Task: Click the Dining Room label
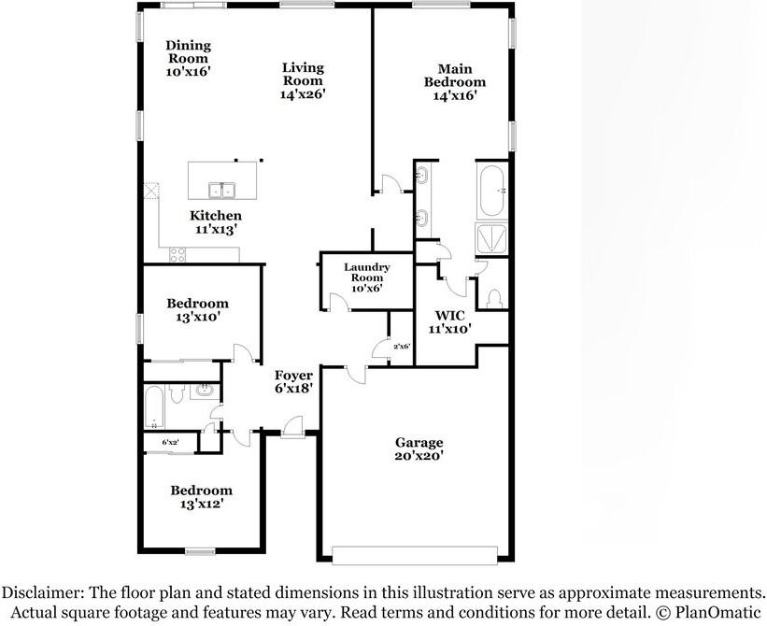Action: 188,58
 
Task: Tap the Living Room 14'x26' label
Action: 303,80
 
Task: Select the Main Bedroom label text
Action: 454,81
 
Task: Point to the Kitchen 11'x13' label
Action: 216,222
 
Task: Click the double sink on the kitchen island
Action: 222,191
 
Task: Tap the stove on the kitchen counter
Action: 177,253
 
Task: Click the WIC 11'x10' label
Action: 449,321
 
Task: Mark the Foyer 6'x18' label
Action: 292,381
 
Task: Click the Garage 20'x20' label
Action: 418,449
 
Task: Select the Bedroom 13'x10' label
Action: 197,310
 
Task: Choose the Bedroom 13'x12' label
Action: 200,497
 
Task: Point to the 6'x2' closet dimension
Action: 171,442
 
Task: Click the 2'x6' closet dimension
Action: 402,347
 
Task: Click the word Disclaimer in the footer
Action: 46,592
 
